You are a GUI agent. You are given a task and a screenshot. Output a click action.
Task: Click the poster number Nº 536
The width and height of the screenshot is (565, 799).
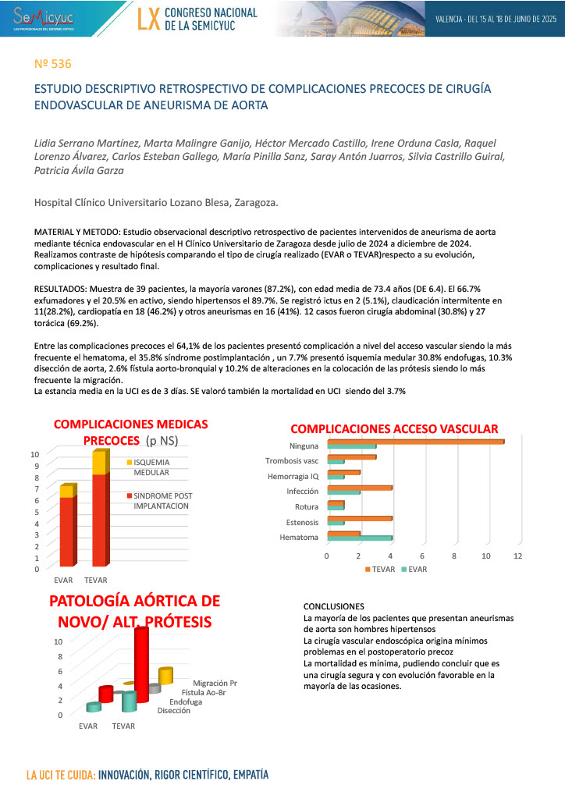pyautogui.click(x=53, y=63)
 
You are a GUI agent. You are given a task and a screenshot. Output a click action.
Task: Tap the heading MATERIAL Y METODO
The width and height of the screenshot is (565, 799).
pyautogui.click(x=77, y=233)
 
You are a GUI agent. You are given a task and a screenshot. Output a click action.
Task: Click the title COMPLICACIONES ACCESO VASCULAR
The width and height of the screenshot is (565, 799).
pyautogui.click(x=394, y=428)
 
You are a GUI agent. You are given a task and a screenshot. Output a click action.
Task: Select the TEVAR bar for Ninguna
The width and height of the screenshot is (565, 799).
pyautogui.click(x=415, y=442)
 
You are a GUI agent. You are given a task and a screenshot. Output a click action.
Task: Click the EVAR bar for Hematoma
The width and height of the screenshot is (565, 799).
pyautogui.click(x=359, y=538)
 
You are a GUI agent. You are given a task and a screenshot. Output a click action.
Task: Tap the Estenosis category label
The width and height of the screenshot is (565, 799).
pyautogui.click(x=302, y=522)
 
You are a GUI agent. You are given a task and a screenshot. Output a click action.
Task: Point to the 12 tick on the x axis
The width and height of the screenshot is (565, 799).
pyautogui.click(x=517, y=556)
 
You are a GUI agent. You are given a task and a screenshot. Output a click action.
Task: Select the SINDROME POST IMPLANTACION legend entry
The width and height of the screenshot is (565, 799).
pyautogui.click(x=162, y=501)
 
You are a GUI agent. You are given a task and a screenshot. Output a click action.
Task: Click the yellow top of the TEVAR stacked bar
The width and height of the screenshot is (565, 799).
pyautogui.click(x=101, y=463)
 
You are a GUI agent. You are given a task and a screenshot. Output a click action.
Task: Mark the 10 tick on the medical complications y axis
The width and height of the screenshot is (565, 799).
pyautogui.click(x=34, y=454)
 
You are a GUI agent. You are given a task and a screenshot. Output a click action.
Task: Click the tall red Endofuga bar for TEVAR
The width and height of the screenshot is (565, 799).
pyautogui.click(x=140, y=663)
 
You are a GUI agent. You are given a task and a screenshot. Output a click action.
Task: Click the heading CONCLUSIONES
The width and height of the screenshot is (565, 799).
pyautogui.click(x=333, y=606)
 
